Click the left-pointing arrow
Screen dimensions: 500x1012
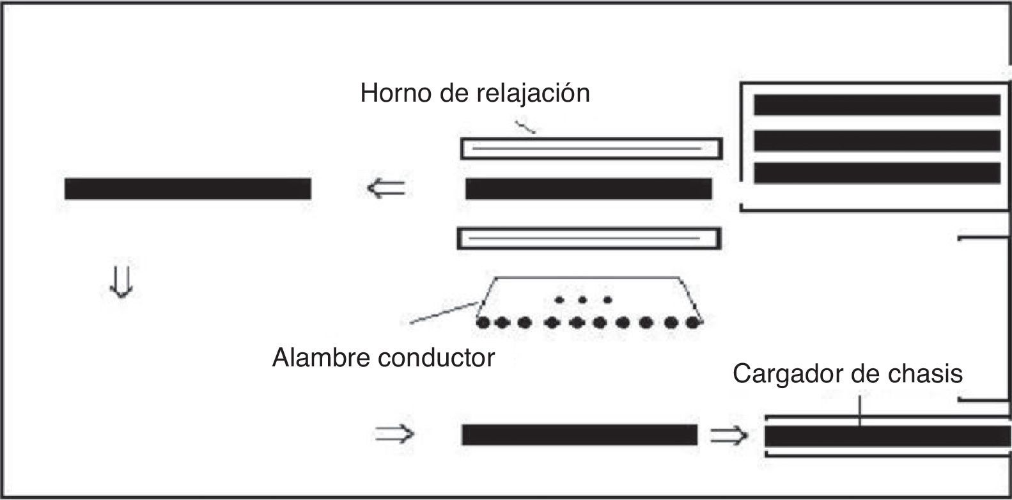386,189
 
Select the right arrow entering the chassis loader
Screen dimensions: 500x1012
729,435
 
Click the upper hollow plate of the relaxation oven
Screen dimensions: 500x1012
591,148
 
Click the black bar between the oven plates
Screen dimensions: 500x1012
588,189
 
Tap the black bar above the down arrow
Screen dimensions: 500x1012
188,189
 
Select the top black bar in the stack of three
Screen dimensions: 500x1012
876,105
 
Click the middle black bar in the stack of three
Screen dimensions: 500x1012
876,140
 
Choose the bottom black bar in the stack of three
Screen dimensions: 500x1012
876,173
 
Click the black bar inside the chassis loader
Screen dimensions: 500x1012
887,436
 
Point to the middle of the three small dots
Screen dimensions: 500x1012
582,299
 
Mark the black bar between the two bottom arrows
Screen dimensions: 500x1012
579,435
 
